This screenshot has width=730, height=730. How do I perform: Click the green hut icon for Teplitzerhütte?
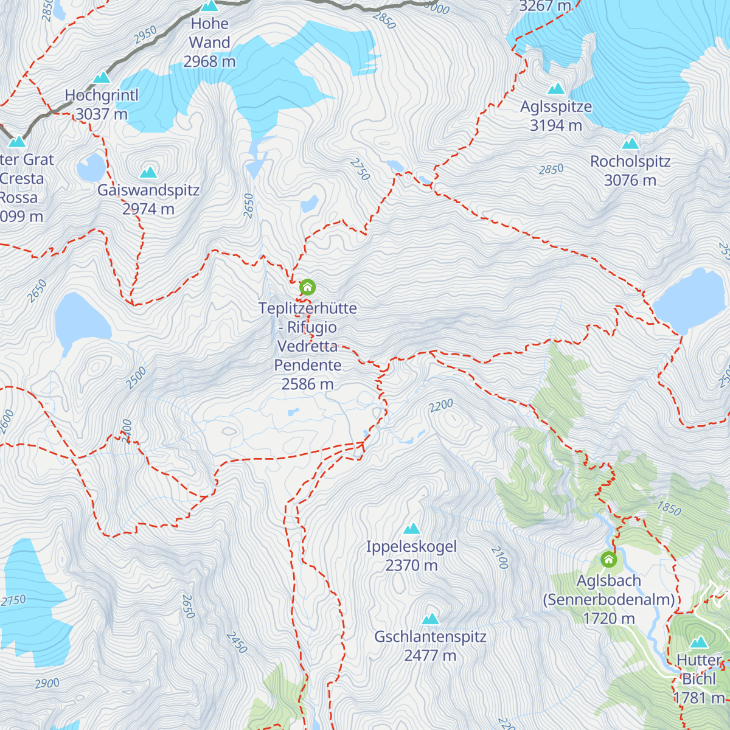click(308, 287)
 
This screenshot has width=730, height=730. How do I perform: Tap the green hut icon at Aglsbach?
click(608, 559)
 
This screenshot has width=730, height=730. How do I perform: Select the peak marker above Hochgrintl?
click(102, 78)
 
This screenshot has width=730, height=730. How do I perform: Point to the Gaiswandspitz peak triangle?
click(148, 172)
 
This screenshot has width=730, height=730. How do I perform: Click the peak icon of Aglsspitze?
click(556, 89)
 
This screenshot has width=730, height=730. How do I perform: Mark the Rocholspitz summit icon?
click(631, 144)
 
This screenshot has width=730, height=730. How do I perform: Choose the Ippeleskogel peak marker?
click(412, 529)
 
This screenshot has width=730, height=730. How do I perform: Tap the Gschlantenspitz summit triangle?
click(431, 619)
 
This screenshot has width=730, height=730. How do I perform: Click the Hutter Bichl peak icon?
click(699, 642)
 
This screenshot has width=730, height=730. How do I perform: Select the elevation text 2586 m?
click(307, 384)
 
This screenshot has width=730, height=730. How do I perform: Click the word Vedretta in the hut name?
click(307, 346)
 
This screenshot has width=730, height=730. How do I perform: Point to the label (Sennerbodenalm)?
click(609, 600)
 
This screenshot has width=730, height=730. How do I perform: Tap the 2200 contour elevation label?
click(441, 405)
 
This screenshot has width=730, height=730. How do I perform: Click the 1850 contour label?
click(669, 508)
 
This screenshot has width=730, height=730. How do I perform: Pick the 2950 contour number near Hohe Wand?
click(145, 35)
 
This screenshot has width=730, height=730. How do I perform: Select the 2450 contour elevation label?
click(237, 642)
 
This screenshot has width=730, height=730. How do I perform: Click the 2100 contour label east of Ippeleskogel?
click(499, 557)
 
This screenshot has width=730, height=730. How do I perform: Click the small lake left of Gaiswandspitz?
click(92, 167)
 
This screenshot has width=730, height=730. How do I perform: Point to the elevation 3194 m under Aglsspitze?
click(556, 126)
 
